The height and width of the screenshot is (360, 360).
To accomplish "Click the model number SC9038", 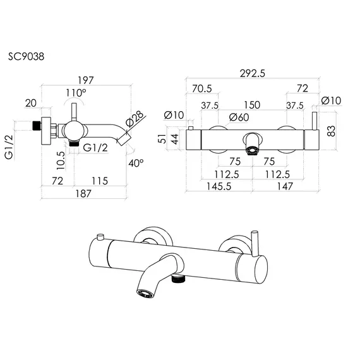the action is pyautogui.click(x=26, y=56).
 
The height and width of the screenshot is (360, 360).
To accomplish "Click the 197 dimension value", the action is pyautogui.click(x=86, y=80).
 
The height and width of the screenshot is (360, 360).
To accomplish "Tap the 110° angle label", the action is pyautogui.click(x=76, y=93).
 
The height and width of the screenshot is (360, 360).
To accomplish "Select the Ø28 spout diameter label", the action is pyautogui.click(x=135, y=119).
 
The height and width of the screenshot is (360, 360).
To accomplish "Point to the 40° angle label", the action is pyautogui.click(x=136, y=163).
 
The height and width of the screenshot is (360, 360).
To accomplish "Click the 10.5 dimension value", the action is pyautogui.click(x=61, y=160).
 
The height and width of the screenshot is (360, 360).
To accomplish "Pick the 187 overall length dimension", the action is pyautogui.click(x=83, y=193).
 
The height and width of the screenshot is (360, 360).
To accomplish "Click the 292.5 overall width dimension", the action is pyautogui.click(x=253, y=73).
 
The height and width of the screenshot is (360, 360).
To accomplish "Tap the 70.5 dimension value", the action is pyautogui.click(x=202, y=88).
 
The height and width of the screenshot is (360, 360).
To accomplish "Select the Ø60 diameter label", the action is pyautogui.click(x=239, y=117).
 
